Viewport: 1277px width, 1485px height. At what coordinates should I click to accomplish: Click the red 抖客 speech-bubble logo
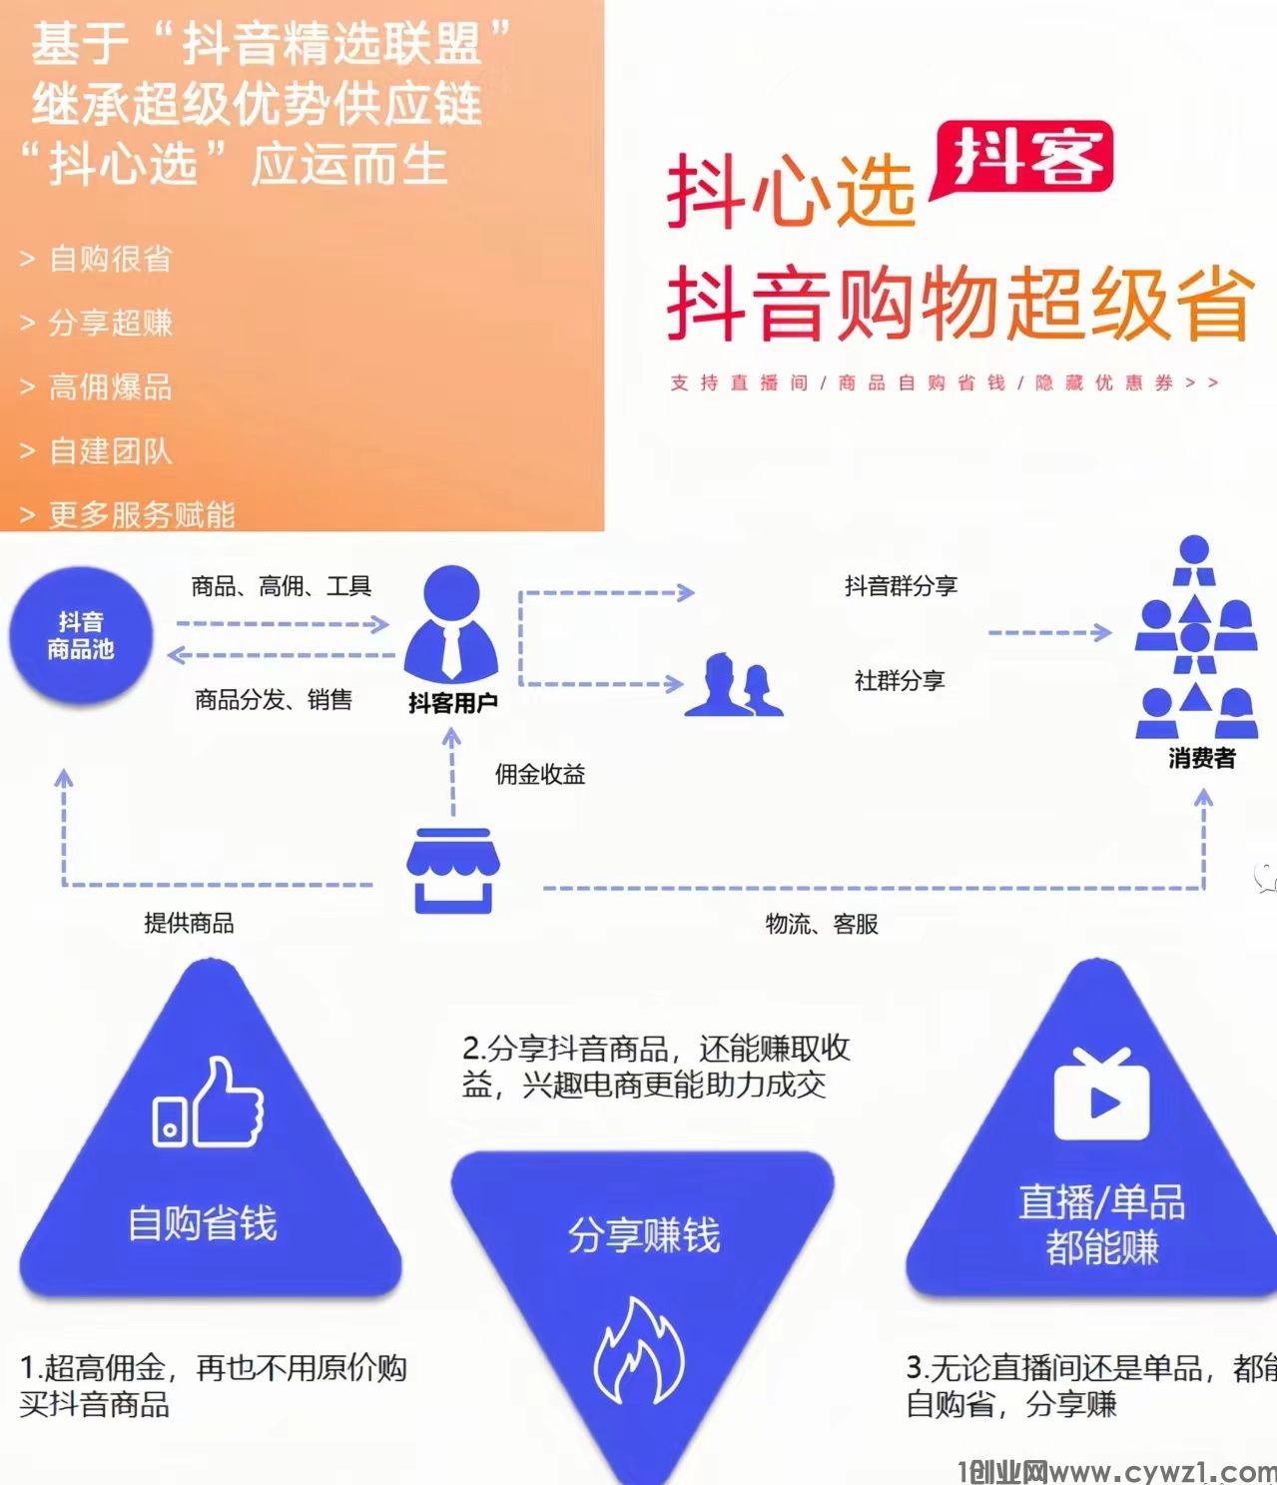pyautogui.click(x=1022, y=159)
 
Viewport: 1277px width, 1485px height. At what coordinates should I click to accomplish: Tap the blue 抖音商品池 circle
pyautogui.click(x=81, y=635)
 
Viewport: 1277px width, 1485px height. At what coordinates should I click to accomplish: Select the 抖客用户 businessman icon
pyautogui.click(x=451, y=623)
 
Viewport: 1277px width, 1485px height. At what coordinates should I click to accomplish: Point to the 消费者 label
pyautogui.click(x=1201, y=759)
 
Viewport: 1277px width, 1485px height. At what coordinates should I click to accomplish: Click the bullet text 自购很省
pyautogui.click(x=111, y=260)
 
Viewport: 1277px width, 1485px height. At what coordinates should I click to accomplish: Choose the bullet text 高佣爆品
pyautogui.click(x=111, y=387)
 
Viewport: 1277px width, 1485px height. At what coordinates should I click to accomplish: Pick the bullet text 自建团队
pyautogui.click(x=111, y=451)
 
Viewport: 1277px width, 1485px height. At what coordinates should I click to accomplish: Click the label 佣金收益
pyautogui.click(x=539, y=774)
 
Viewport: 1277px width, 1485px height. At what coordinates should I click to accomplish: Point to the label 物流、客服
pyautogui.click(x=822, y=924)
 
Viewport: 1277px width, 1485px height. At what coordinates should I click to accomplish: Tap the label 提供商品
pyautogui.click(x=189, y=923)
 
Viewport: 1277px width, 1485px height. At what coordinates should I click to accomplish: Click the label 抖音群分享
pyautogui.click(x=901, y=586)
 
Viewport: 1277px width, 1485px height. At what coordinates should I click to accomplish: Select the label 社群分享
pyautogui.click(x=899, y=681)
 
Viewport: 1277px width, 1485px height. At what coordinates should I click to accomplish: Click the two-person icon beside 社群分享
pyautogui.click(x=734, y=685)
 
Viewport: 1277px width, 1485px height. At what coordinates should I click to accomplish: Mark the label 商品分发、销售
pyautogui.click(x=273, y=700)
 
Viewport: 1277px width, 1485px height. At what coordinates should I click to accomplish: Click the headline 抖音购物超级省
pyautogui.click(x=958, y=303)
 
